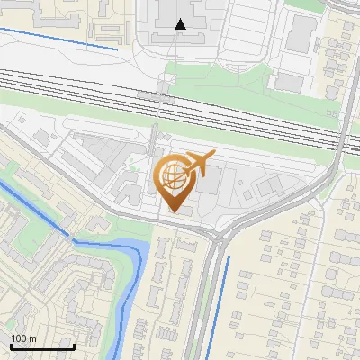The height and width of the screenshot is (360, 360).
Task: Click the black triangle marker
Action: (x=181, y=24)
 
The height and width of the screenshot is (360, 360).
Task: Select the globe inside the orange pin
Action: (x=174, y=177)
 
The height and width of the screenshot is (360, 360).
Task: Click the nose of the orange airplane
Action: (x=214, y=155)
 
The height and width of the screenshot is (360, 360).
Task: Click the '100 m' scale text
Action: (x=24, y=337)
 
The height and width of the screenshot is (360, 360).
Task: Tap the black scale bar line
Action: (x=42, y=346)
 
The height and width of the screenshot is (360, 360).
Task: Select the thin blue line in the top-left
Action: (x=58, y=39)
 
